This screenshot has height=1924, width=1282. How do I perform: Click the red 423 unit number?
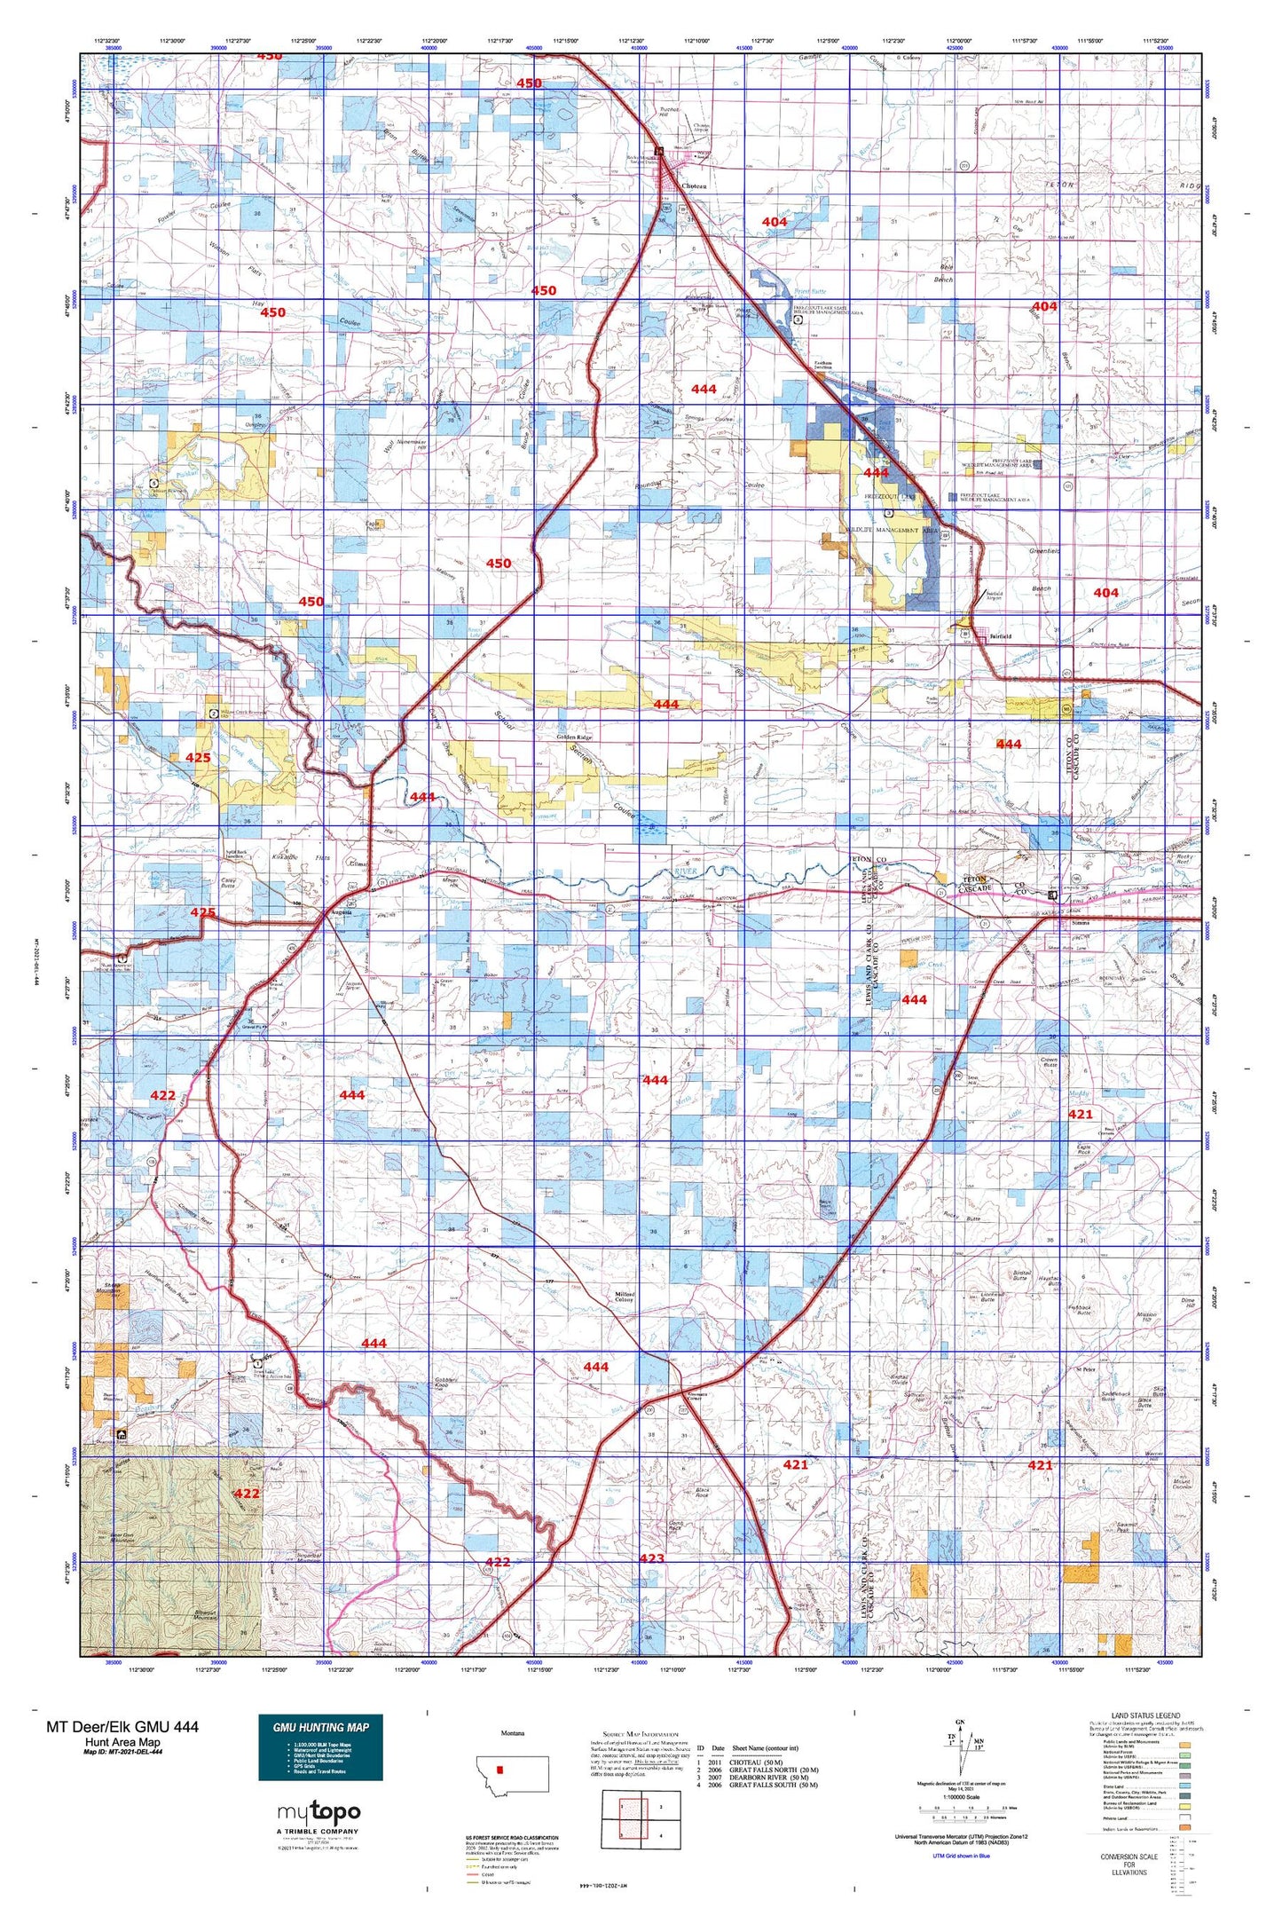tap(651, 1557)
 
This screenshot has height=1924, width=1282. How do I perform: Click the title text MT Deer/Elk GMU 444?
tap(122, 1726)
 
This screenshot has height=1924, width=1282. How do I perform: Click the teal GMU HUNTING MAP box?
tap(320, 1747)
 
